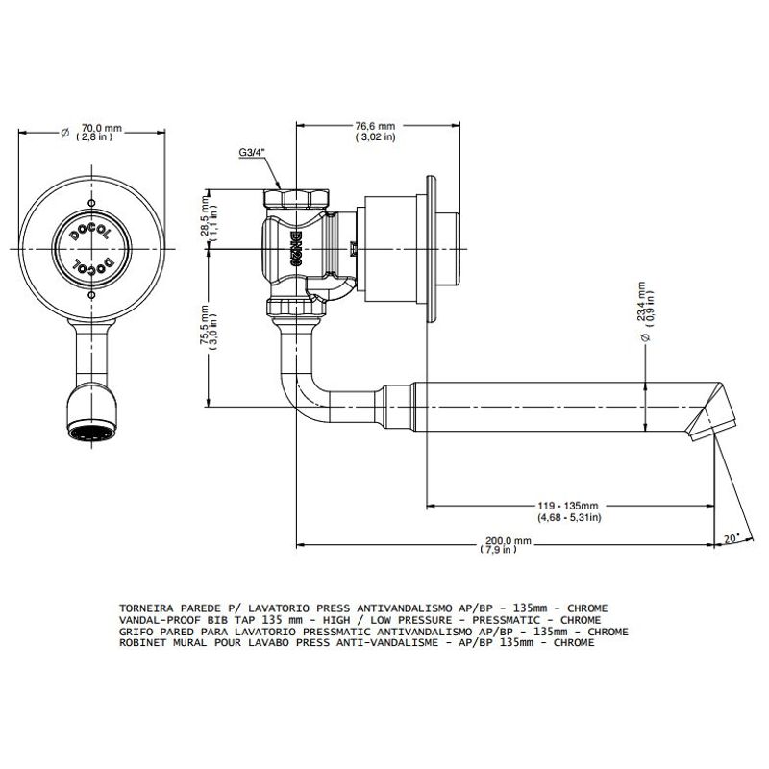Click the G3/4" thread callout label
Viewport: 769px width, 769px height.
click(252, 152)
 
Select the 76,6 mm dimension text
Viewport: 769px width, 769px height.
click(375, 127)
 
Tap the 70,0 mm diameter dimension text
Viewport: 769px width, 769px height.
click(102, 129)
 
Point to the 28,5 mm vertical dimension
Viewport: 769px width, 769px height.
click(205, 215)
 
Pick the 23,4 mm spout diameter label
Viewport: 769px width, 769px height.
click(641, 301)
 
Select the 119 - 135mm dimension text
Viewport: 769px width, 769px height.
click(568, 506)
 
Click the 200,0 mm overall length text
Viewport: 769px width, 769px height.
click(509, 540)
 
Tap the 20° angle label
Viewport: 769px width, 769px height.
click(732, 538)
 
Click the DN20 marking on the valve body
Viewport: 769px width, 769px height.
click(295, 249)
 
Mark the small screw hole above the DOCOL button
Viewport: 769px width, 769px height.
click(91, 204)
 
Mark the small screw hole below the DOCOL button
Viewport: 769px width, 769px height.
click(91, 295)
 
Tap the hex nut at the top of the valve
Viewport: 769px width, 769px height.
click(297, 198)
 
